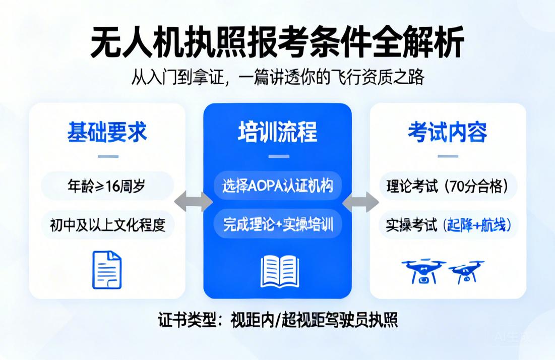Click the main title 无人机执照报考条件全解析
(x=277, y=43)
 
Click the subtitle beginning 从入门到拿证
(x=278, y=77)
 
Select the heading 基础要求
(x=107, y=132)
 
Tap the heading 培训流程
(x=278, y=132)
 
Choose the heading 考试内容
(x=448, y=132)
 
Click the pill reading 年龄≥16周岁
(x=106, y=186)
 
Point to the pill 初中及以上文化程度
(x=107, y=224)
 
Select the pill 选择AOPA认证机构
(x=278, y=186)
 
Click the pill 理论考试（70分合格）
(x=448, y=186)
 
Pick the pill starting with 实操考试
(x=448, y=225)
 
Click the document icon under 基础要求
(x=107, y=269)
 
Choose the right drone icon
(x=467, y=272)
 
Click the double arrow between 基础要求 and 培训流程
(x=194, y=202)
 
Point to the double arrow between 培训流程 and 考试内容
(x=361, y=202)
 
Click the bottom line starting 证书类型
(x=278, y=320)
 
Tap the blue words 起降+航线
(x=477, y=225)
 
